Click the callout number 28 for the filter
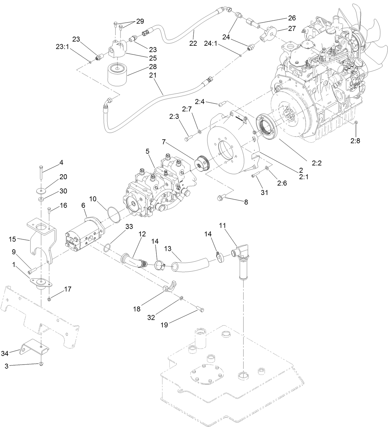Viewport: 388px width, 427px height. click(152, 66)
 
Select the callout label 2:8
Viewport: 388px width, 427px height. click(355, 141)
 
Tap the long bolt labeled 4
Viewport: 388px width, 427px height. click(41, 173)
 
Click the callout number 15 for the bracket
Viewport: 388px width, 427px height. click(12, 239)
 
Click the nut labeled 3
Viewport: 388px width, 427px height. click(41, 365)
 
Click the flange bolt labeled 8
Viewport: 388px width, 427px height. click(223, 197)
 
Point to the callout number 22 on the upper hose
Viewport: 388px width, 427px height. click(193, 43)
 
